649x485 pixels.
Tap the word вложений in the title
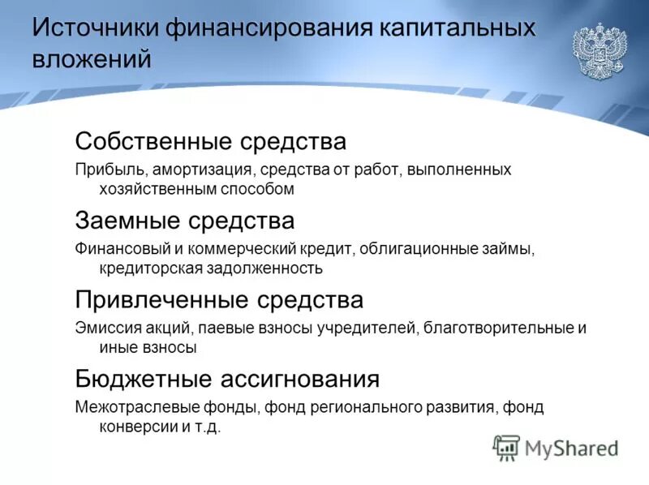[92, 59]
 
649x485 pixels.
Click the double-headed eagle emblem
[600, 50]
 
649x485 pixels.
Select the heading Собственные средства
[210, 142]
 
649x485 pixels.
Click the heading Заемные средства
[184, 220]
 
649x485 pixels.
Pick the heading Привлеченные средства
[219, 300]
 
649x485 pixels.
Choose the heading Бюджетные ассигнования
[227, 379]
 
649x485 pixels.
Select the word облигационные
[414, 248]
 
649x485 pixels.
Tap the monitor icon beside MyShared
[506, 447]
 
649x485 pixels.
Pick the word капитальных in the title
[458, 28]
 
